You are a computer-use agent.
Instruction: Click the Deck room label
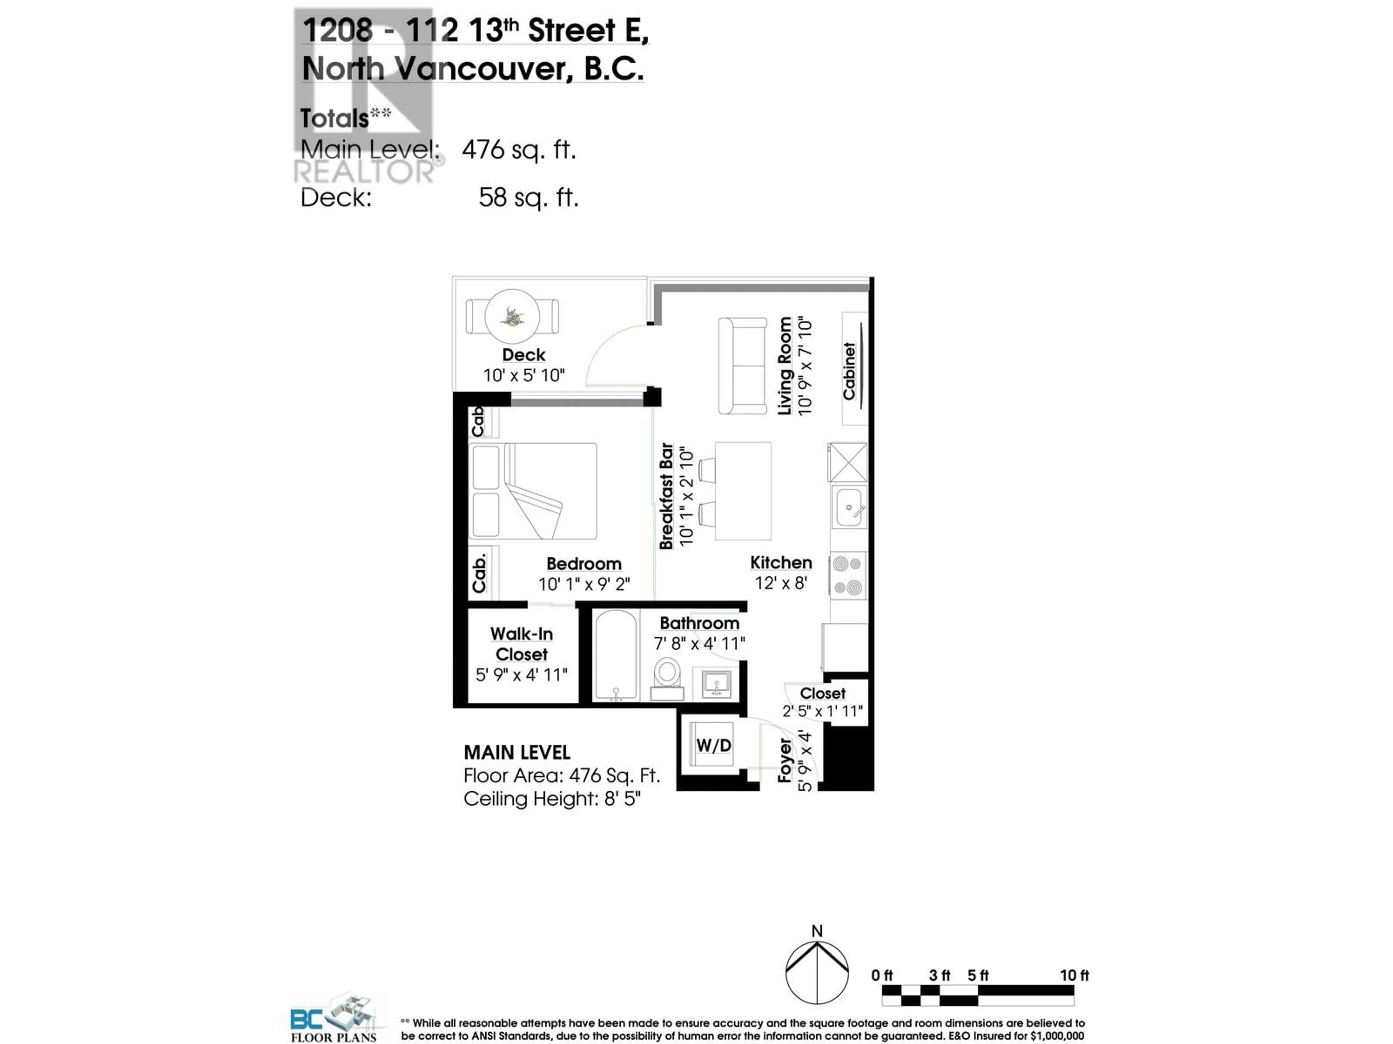coord(523,355)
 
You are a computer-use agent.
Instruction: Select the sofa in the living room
coord(743,366)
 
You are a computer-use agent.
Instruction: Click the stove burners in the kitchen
coord(848,576)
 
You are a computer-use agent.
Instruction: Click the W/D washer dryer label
coord(714,746)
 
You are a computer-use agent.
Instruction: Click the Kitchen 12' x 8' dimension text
coord(781,583)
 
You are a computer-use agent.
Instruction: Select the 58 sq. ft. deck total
coord(528,198)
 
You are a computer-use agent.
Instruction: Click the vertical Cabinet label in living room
coord(849,371)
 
